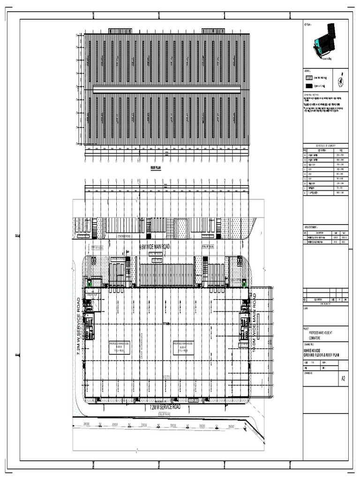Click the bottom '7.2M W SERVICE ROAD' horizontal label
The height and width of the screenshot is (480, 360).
[x=165, y=407]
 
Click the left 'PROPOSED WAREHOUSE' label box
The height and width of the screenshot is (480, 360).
[x=120, y=346]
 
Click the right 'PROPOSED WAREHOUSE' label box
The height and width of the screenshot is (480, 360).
[x=184, y=346]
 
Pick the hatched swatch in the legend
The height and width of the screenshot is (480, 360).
[x=308, y=77]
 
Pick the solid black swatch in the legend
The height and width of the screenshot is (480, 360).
[x=308, y=86]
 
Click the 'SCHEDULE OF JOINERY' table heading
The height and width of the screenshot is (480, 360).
[x=325, y=146]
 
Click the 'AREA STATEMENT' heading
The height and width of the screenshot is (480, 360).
[x=312, y=227]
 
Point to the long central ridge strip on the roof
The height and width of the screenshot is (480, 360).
[x=167, y=89]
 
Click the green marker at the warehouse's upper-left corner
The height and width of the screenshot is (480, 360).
[x=89, y=283]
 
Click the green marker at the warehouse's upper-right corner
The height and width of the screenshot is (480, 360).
[x=244, y=283]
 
